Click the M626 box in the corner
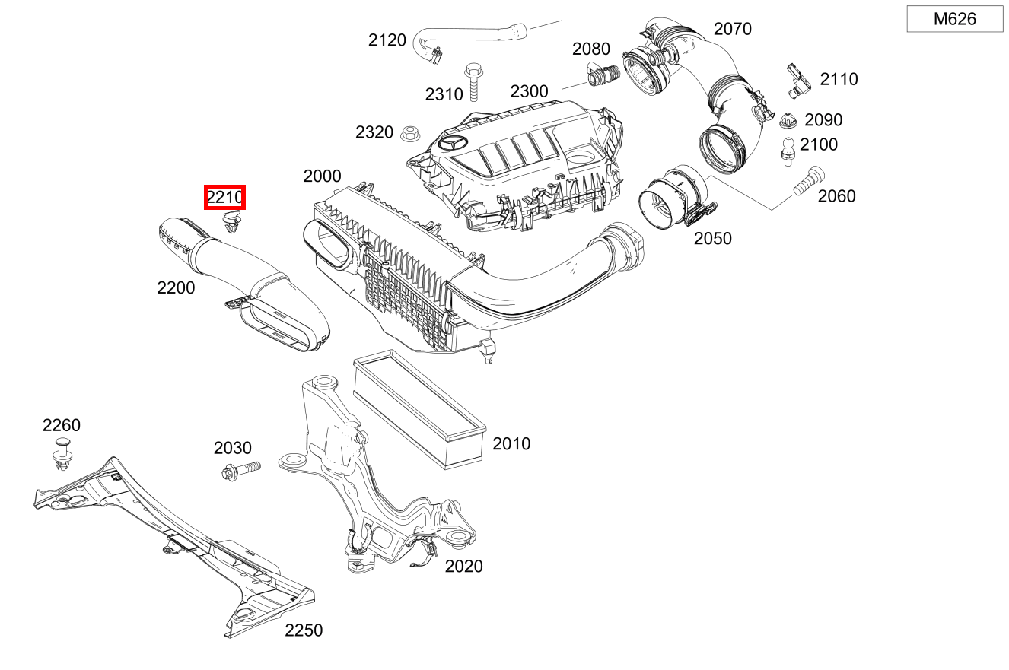coord(954,19)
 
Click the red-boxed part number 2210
coord(225,198)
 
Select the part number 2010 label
coord(511,443)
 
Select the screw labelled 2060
coord(805,182)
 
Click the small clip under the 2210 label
coord(231,223)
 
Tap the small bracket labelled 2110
coord(796,79)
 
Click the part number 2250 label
coord(304,630)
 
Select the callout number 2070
coord(732,29)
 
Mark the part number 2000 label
coord(322,176)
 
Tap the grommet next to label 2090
coord(788,120)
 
